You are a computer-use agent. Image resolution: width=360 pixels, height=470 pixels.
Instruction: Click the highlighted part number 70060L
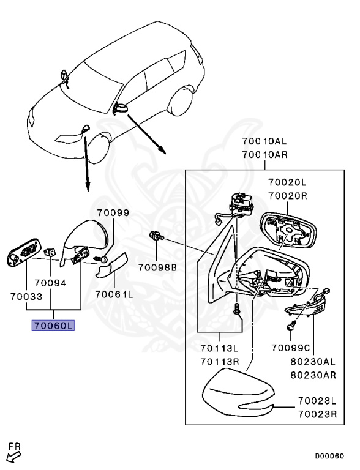click(53, 325)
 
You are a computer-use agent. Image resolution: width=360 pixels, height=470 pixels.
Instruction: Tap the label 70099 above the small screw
click(113, 212)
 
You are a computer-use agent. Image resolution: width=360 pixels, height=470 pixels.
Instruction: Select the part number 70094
click(50, 283)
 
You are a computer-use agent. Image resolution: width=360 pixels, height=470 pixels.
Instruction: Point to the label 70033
click(26, 296)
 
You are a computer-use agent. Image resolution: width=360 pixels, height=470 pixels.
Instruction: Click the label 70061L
click(114, 294)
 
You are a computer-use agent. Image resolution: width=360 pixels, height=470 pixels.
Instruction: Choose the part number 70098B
click(157, 267)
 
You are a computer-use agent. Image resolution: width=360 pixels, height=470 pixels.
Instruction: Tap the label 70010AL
click(264, 141)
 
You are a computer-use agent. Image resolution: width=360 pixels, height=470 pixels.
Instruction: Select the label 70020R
click(287, 196)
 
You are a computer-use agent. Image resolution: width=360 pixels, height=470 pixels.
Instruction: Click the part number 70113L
click(219, 348)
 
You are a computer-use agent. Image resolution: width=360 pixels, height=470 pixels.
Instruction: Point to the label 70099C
click(290, 348)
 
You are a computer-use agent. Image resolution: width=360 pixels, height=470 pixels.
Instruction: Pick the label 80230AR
click(313, 375)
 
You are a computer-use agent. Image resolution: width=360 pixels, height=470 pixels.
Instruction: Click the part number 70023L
click(317, 400)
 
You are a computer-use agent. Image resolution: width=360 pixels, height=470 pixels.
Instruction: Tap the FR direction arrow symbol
click(14, 457)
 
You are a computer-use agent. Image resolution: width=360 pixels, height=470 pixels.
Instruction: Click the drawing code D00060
click(329, 456)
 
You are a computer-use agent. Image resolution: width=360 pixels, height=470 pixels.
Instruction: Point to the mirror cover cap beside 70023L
click(239, 393)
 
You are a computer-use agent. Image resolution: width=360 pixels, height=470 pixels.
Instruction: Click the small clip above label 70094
click(50, 252)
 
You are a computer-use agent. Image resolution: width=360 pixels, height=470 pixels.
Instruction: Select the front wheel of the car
click(99, 147)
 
